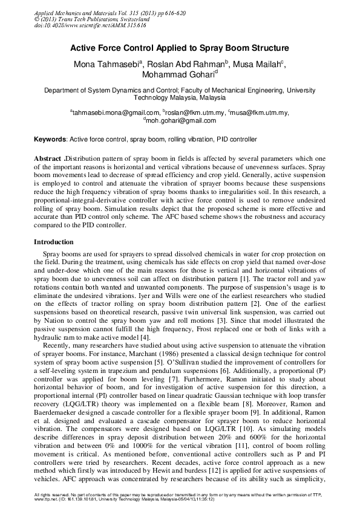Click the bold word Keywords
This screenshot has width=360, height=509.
point(50,139)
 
